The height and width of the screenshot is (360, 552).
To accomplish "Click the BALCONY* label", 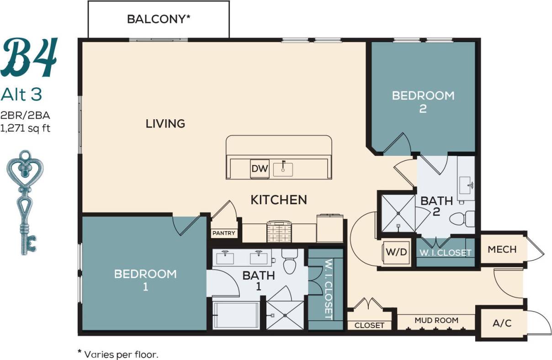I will click(158, 19).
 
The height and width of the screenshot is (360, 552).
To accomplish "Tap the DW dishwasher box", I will click(259, 168).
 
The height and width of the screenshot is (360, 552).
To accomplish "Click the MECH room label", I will click(502, 249).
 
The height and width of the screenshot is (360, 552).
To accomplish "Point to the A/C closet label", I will click(502, 323).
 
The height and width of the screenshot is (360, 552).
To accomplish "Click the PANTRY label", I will click(224, 233).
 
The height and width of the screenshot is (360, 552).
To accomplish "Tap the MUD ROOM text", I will click(436, 320).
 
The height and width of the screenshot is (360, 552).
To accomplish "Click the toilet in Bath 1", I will click(289, 262).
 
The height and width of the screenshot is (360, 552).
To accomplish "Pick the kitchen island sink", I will click(283, 169).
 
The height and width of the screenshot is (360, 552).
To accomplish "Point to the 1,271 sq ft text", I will click(25, 128).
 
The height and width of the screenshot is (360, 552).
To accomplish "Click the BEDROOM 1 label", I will click(145, 280).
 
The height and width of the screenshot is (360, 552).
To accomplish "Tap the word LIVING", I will click(165, 123).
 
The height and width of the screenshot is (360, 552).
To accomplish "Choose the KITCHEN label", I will click(278, 200).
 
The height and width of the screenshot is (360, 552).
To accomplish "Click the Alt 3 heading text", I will click(21, 94).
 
